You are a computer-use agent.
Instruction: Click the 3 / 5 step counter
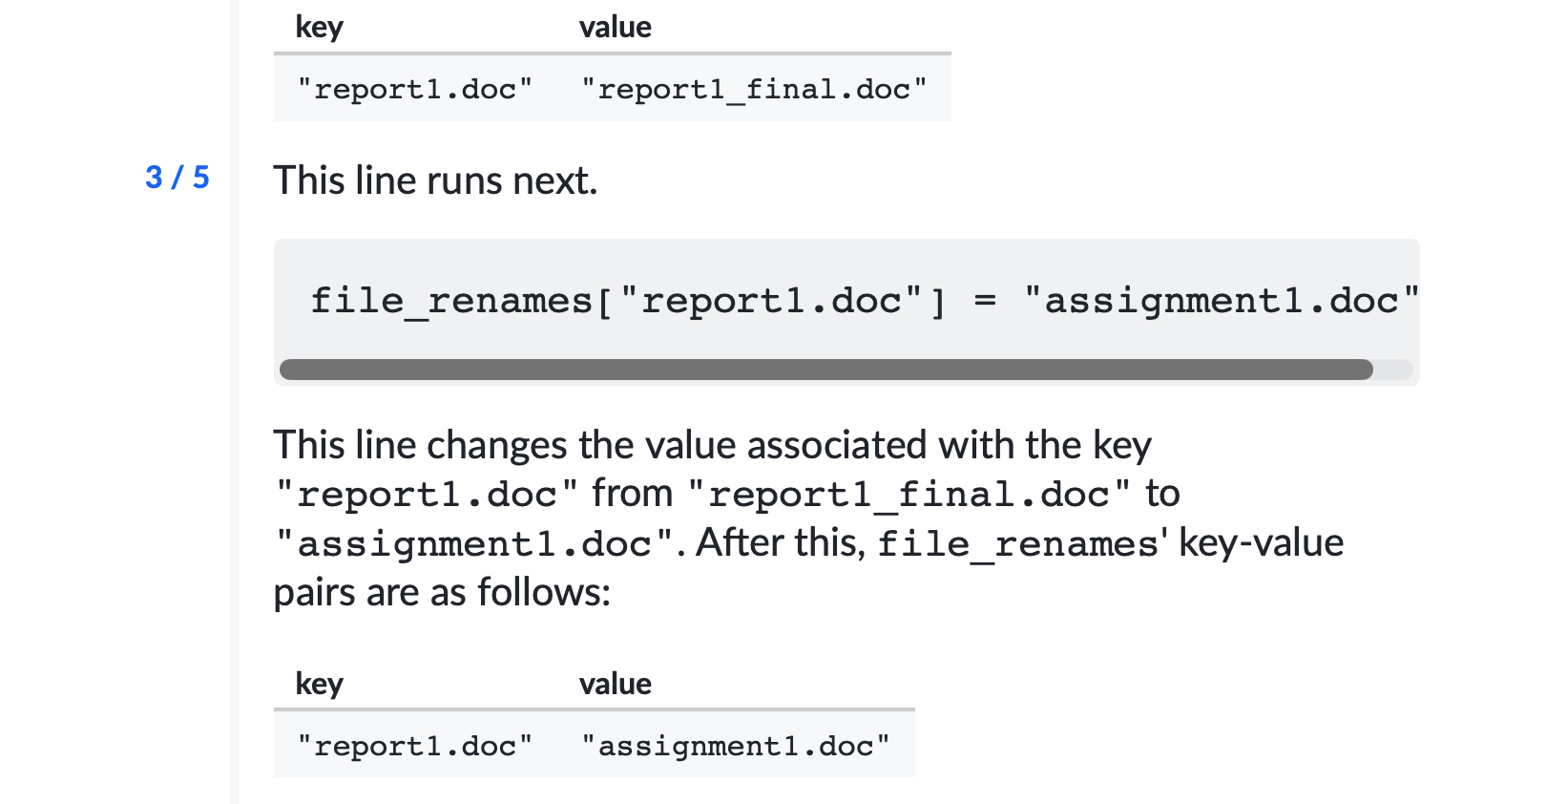click(178, 178)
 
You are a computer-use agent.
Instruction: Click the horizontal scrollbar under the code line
click(826, 370)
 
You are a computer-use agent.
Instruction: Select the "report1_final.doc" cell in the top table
click(754, 90)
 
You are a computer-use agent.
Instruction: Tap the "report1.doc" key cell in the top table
click(415, 90)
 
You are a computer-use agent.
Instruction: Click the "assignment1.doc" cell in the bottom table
click(736, 746)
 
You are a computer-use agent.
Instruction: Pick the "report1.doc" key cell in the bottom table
click(415, 746)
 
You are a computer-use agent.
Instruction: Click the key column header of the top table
click(319, 28)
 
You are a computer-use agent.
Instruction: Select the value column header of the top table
click(615, 28)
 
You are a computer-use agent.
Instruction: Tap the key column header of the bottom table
click(319, 684)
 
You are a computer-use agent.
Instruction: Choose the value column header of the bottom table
click(615, 684)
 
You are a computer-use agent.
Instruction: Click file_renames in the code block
click(451, 301)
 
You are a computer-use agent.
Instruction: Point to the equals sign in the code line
click(985, 301)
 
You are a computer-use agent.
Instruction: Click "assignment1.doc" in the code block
click(1221, 301)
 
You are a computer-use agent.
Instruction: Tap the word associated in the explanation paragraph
click(837, 445)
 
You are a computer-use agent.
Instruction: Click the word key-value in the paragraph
click(1261, 543)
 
